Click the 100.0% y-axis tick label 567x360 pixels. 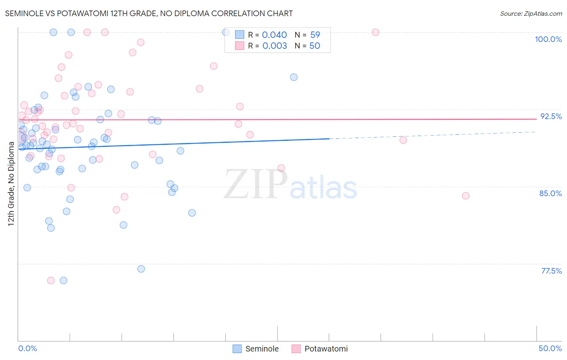(548, 39)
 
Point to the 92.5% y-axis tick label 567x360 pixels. (551, 116)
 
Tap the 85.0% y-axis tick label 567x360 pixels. (550, 193)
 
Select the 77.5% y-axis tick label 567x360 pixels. (551, 271)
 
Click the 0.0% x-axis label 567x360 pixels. (27, 348)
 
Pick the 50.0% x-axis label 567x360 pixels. (550, 348)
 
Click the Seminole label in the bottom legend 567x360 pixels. (262, 349)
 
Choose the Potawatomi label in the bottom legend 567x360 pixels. (326, 349)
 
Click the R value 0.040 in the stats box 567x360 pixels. (274, 35)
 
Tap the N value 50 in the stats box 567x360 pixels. (315, 46)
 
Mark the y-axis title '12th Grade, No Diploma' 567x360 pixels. (11, 184)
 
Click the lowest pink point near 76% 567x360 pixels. (51, 280)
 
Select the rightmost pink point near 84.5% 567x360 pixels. (466, 196)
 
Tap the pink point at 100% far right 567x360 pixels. (375, 32)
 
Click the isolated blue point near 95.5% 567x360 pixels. (294, 77)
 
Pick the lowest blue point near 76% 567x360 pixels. (63, 280)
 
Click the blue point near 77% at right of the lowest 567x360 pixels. (141, 269)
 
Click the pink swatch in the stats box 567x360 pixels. (240, 46)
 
